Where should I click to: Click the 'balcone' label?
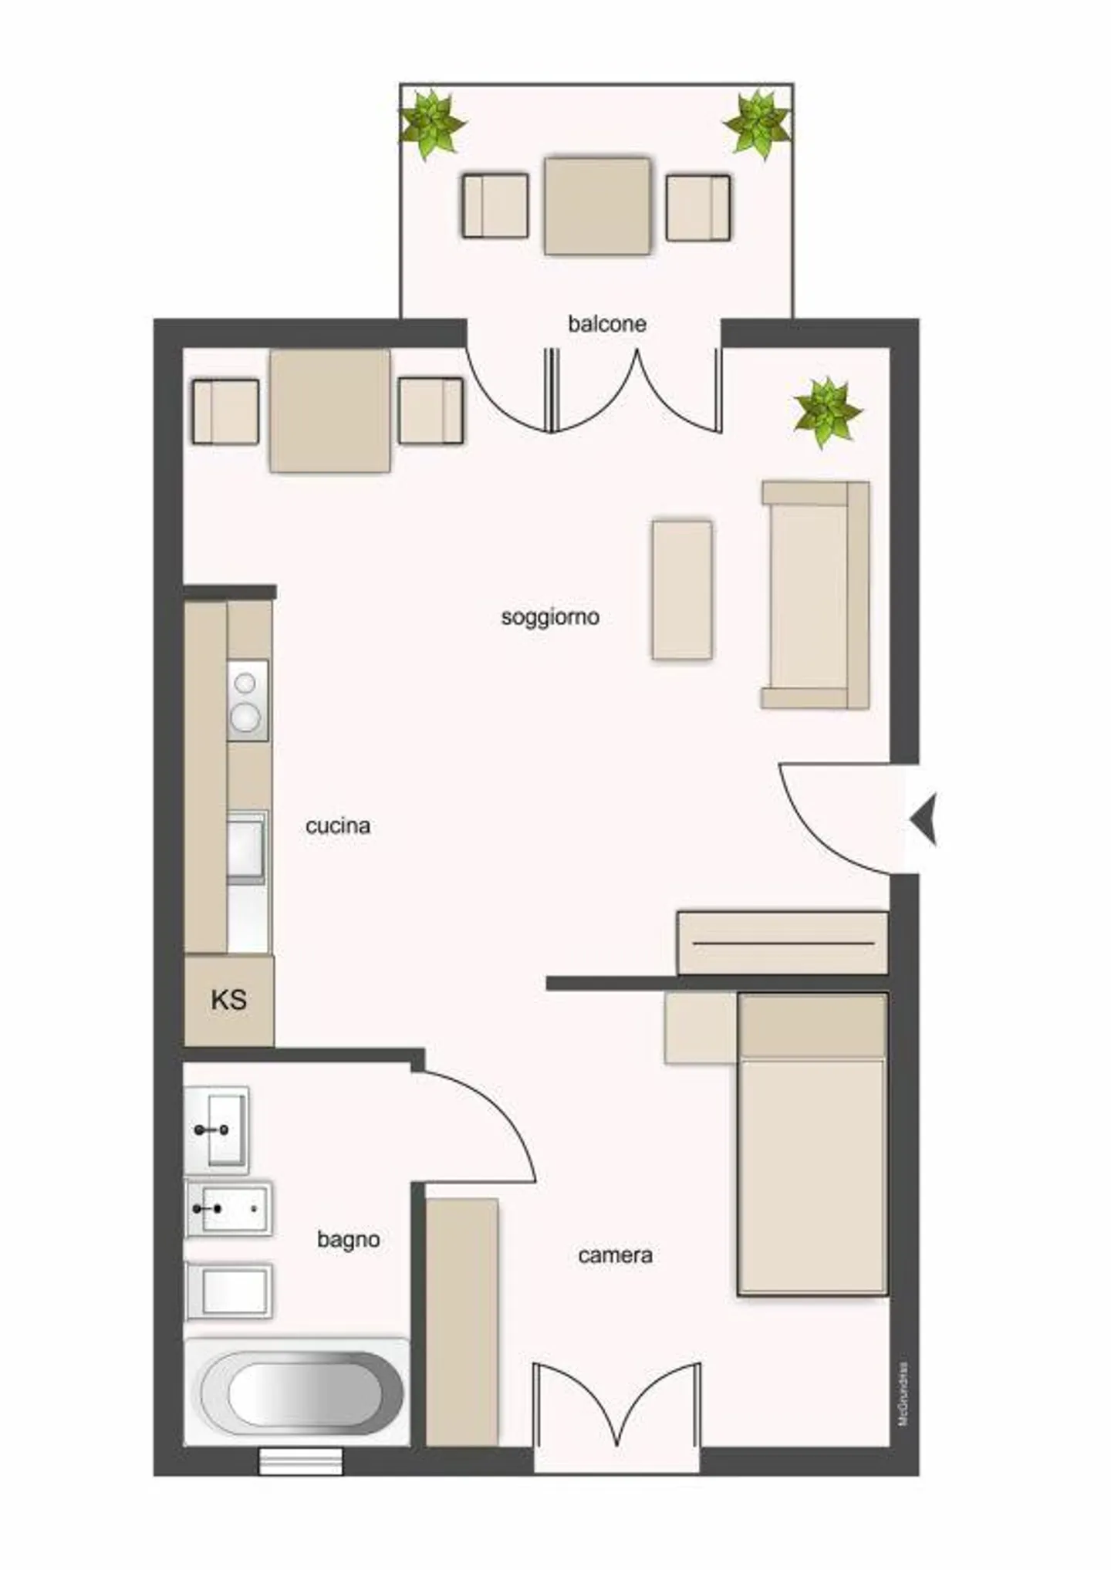[x=606, y=323]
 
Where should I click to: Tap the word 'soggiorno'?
[x=550, y=617]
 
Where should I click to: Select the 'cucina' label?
[x=338, y=826]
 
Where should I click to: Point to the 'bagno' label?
[x=348, y=1240]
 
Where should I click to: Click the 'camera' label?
[x=615, y=1255]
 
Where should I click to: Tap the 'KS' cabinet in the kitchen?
[x=228, y=1001]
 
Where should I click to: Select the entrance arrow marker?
[x=924, y=819]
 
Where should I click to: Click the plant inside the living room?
[x=826, y=411]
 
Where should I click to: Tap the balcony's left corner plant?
[x=431, y=123]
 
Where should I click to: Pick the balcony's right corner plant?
[x=757, y=123]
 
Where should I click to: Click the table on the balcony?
[x=597, y=205]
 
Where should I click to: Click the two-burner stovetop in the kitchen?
[x=247, y=701]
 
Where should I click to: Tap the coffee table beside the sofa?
[x=681, y=590]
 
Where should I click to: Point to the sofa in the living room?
[x=816, y=595]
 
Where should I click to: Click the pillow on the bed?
[x=812, y=1026]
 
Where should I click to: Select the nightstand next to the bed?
[x=700, y=1028]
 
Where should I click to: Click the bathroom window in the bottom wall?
[x=300, y=1461]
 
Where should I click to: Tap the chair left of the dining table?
[x=225, y=411]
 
